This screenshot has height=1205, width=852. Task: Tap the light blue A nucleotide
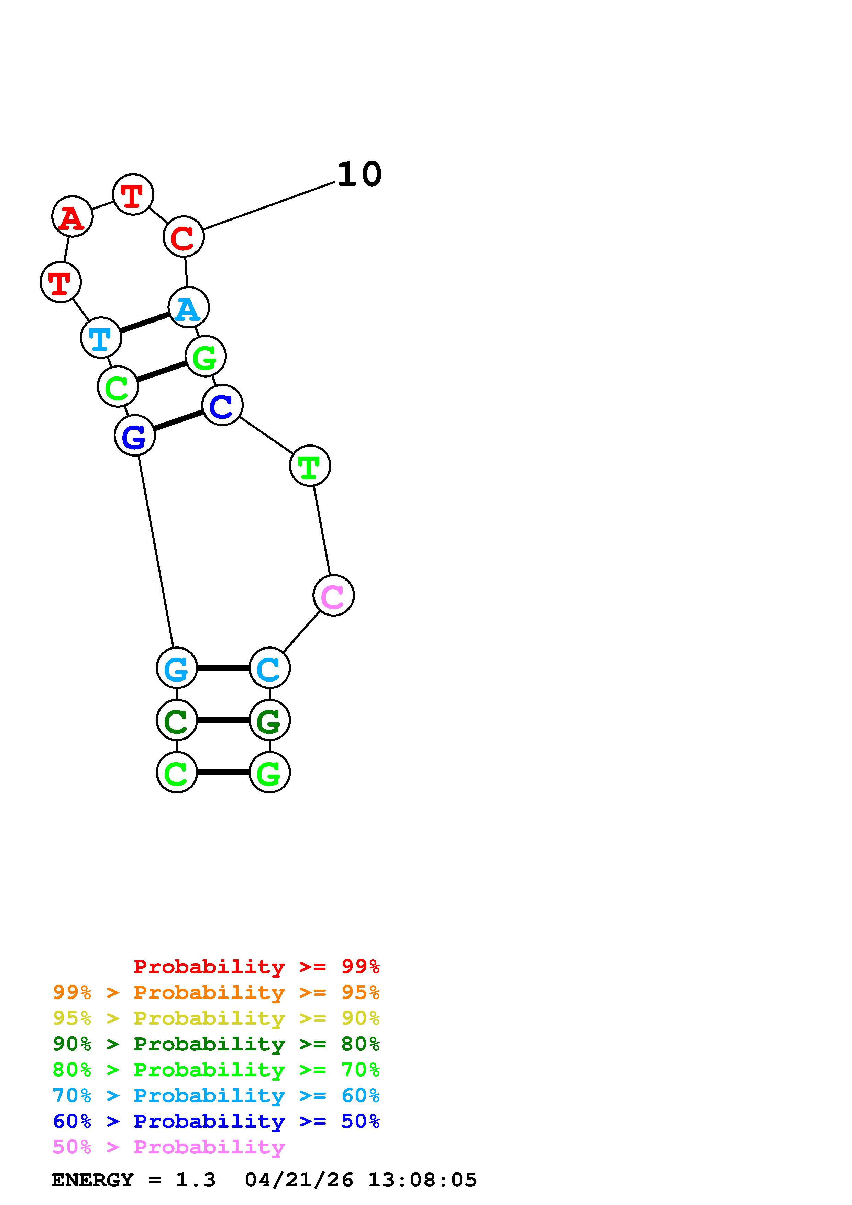pos(188,308)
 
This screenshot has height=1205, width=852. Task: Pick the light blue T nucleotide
pos(101,338)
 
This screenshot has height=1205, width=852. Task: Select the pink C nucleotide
pos(333,596)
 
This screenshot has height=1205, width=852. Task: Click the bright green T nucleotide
pos(310,466)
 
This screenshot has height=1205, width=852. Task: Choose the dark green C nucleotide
pos(177,721)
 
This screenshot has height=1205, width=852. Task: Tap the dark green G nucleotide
pos(269,721)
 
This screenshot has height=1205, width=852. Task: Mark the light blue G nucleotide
pos(177,668)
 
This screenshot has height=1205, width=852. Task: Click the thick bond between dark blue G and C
pos(178,420)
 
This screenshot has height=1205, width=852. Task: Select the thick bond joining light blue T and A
pos(144,323)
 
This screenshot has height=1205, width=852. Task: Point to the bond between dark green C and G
pos(223,721)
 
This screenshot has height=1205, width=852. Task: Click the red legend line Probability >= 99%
pos(256,967)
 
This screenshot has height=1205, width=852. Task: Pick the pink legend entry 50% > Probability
pos(168,1147)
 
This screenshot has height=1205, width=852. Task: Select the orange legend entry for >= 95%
pos(216,992)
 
